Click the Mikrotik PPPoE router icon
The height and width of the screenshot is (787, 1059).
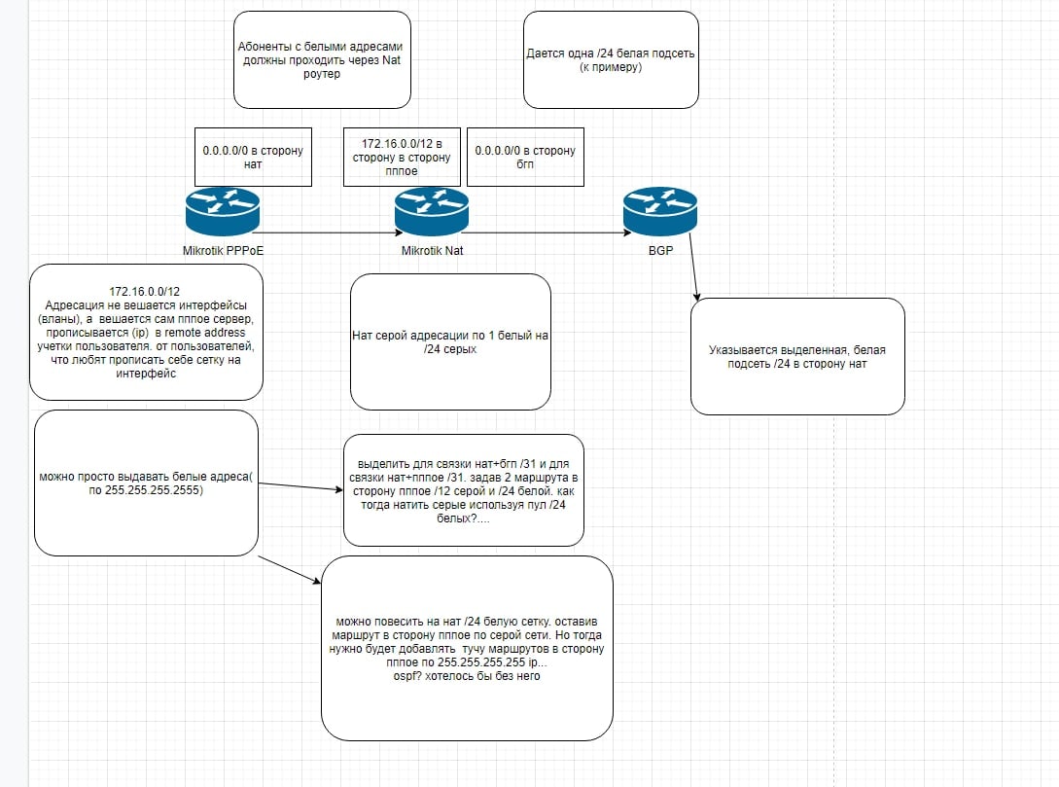223,211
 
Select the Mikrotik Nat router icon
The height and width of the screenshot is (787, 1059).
432,211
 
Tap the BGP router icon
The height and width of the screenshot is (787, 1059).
660,211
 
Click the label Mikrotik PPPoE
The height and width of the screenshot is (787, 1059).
223,251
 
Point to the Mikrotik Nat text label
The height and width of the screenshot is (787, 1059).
432,251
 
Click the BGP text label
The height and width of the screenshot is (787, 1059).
660,251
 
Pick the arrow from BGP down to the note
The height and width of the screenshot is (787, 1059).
693,268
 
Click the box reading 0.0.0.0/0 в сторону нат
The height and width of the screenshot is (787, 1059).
253,157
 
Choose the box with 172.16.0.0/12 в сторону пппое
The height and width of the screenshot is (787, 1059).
402,157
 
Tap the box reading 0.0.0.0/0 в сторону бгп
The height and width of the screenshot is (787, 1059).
525,157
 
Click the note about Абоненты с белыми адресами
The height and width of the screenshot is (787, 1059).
322,59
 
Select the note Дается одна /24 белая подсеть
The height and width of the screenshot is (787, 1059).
612,59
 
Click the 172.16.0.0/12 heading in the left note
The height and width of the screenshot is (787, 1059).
145,292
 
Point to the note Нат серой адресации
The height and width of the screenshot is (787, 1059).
450,341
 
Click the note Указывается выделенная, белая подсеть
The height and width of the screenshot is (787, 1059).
797,357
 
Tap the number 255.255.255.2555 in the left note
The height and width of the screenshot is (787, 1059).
154,490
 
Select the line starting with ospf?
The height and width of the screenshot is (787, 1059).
467,675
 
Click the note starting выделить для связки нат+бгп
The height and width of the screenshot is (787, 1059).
463,490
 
